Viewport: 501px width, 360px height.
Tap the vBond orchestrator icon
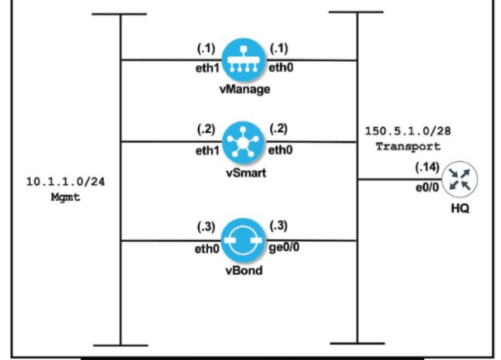[x=239, y=237]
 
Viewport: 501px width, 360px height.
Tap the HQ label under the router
[x=459, y=208]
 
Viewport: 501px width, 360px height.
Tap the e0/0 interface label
[x=425, y=188]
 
